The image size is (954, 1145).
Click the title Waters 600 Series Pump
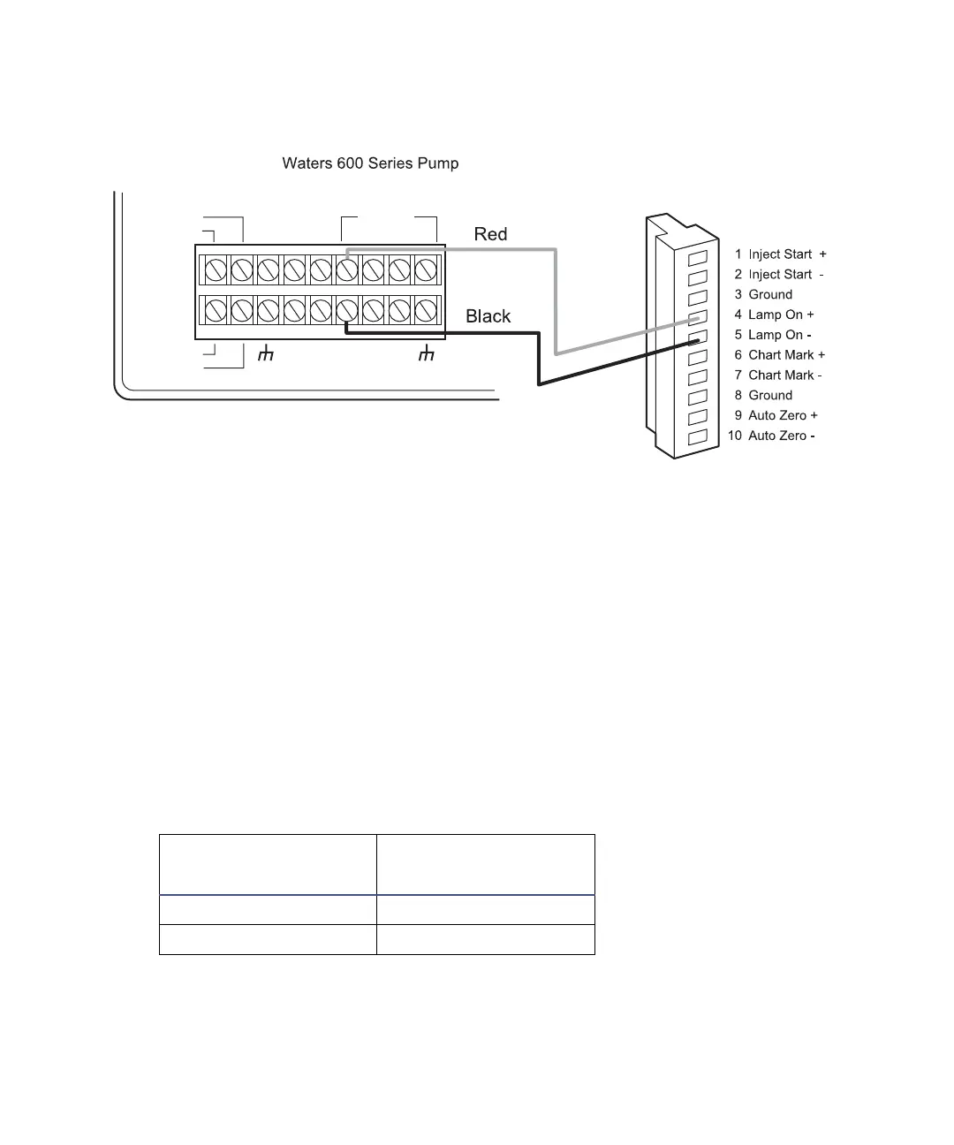tap(370, 163)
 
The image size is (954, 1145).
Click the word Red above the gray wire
tap(490, 234)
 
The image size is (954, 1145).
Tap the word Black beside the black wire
tap(488, 316)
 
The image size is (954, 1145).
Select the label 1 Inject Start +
tap(780, 254)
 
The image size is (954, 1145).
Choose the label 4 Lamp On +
tap(774, 315)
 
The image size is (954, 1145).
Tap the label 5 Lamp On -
tap(773, 335)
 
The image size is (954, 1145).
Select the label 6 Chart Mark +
tap(779, 355)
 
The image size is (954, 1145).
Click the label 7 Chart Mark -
tap(777, 375)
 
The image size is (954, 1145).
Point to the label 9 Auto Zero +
tap(776, 415)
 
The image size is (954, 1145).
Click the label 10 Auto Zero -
tap(771, 436)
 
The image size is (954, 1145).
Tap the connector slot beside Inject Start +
tap(698, 258)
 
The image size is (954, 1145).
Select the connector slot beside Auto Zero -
tap(698, 436)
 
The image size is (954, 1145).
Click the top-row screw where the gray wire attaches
tap(346, 269)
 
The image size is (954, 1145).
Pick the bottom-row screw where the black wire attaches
tap(346, 310)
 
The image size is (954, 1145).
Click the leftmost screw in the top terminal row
tap(215, 269)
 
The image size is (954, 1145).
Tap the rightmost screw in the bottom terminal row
tap(427, 310)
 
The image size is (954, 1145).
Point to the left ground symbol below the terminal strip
tap(265, 354)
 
